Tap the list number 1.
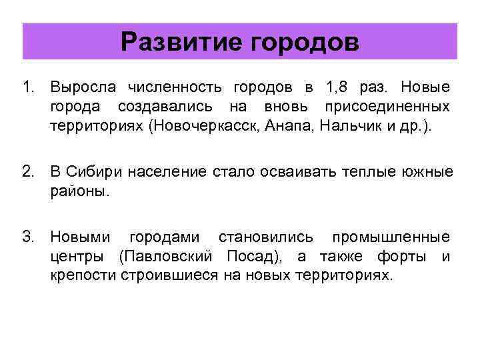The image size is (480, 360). (26, 87)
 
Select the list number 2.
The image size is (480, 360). (27, 173)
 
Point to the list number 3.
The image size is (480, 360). (27, 237)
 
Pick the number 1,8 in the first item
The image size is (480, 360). (337, 87)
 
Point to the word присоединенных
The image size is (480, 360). (387, 107)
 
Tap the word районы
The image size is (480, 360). (77, 192)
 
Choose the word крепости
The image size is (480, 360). (83, 276)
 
